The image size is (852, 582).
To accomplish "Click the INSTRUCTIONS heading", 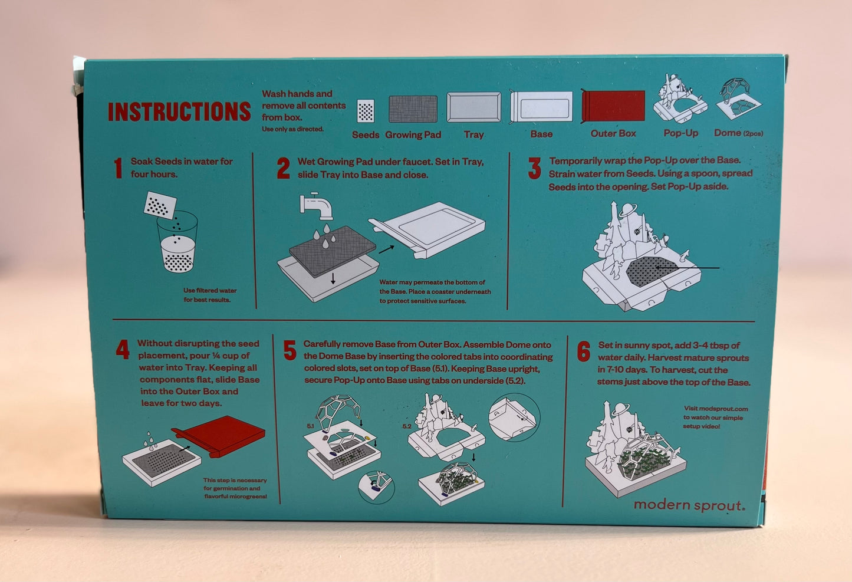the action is click(x=179, y=111).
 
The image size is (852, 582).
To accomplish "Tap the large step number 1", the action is click(x=119, y=168).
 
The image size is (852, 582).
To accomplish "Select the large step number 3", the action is click(x=534, y=168).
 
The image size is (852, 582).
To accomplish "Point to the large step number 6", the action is click(x=584, y=351).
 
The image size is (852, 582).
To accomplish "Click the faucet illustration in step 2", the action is click(x=316, y=206).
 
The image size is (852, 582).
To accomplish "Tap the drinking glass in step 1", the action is click(x=177, y=242).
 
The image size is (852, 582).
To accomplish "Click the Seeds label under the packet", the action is click(x=366, y=134).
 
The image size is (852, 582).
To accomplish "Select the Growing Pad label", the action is click(x=413, y=134).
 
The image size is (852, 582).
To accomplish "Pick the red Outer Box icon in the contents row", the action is click(x=613, y=106).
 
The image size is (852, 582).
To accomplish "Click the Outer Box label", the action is click(x=613, y=133).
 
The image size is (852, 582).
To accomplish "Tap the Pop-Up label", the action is click(x=681, y=133).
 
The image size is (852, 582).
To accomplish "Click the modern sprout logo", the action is click(x=689, y=505).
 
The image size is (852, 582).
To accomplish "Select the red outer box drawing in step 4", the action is click(x=219, y=436).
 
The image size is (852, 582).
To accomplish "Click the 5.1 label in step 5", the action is click(x=310, y=426).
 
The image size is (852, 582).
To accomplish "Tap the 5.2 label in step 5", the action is click(x=407, y=426).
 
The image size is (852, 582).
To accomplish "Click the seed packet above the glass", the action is click(x=160, y=205).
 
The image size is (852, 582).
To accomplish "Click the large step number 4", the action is click(x=123, y=349).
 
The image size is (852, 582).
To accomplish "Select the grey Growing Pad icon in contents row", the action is click(x=413, y=108).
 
